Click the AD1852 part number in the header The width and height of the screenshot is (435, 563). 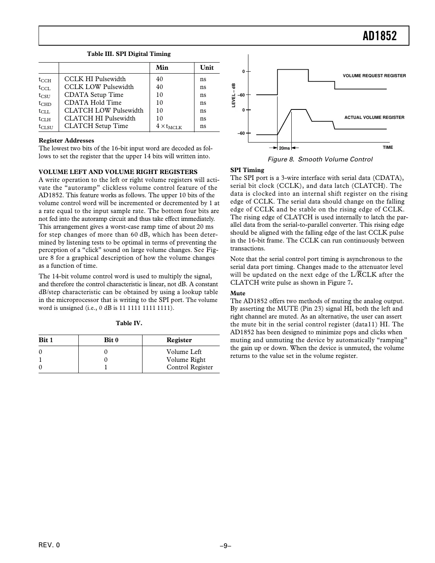[379, 36]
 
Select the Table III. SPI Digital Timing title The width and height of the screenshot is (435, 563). [129, 54]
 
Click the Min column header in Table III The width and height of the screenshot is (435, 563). [162, 67]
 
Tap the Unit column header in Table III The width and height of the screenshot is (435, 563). [207, 67]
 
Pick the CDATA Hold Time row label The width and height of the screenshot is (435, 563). [93, 103]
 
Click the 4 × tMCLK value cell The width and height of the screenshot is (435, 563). [169, 126]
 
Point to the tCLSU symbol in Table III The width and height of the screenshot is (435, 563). [46, 127]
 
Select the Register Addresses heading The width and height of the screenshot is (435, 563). [67, 141]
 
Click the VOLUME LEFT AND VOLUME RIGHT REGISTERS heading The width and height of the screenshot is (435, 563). [118, 172]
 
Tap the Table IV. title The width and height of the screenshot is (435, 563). [129, 323]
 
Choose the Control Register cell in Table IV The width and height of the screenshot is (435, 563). [189, 367]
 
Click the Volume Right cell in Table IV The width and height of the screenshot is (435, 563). [186, 359]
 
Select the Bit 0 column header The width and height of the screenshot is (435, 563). [111, 340]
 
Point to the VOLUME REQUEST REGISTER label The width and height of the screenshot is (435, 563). [374, 76]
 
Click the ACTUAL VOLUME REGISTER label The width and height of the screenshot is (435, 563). [374, 117]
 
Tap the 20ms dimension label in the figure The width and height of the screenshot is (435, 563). [284, 148]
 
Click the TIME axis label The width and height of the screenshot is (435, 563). [387, 147]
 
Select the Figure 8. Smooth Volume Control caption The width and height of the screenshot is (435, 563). [320, 159]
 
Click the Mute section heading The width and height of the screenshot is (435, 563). [238, 293]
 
